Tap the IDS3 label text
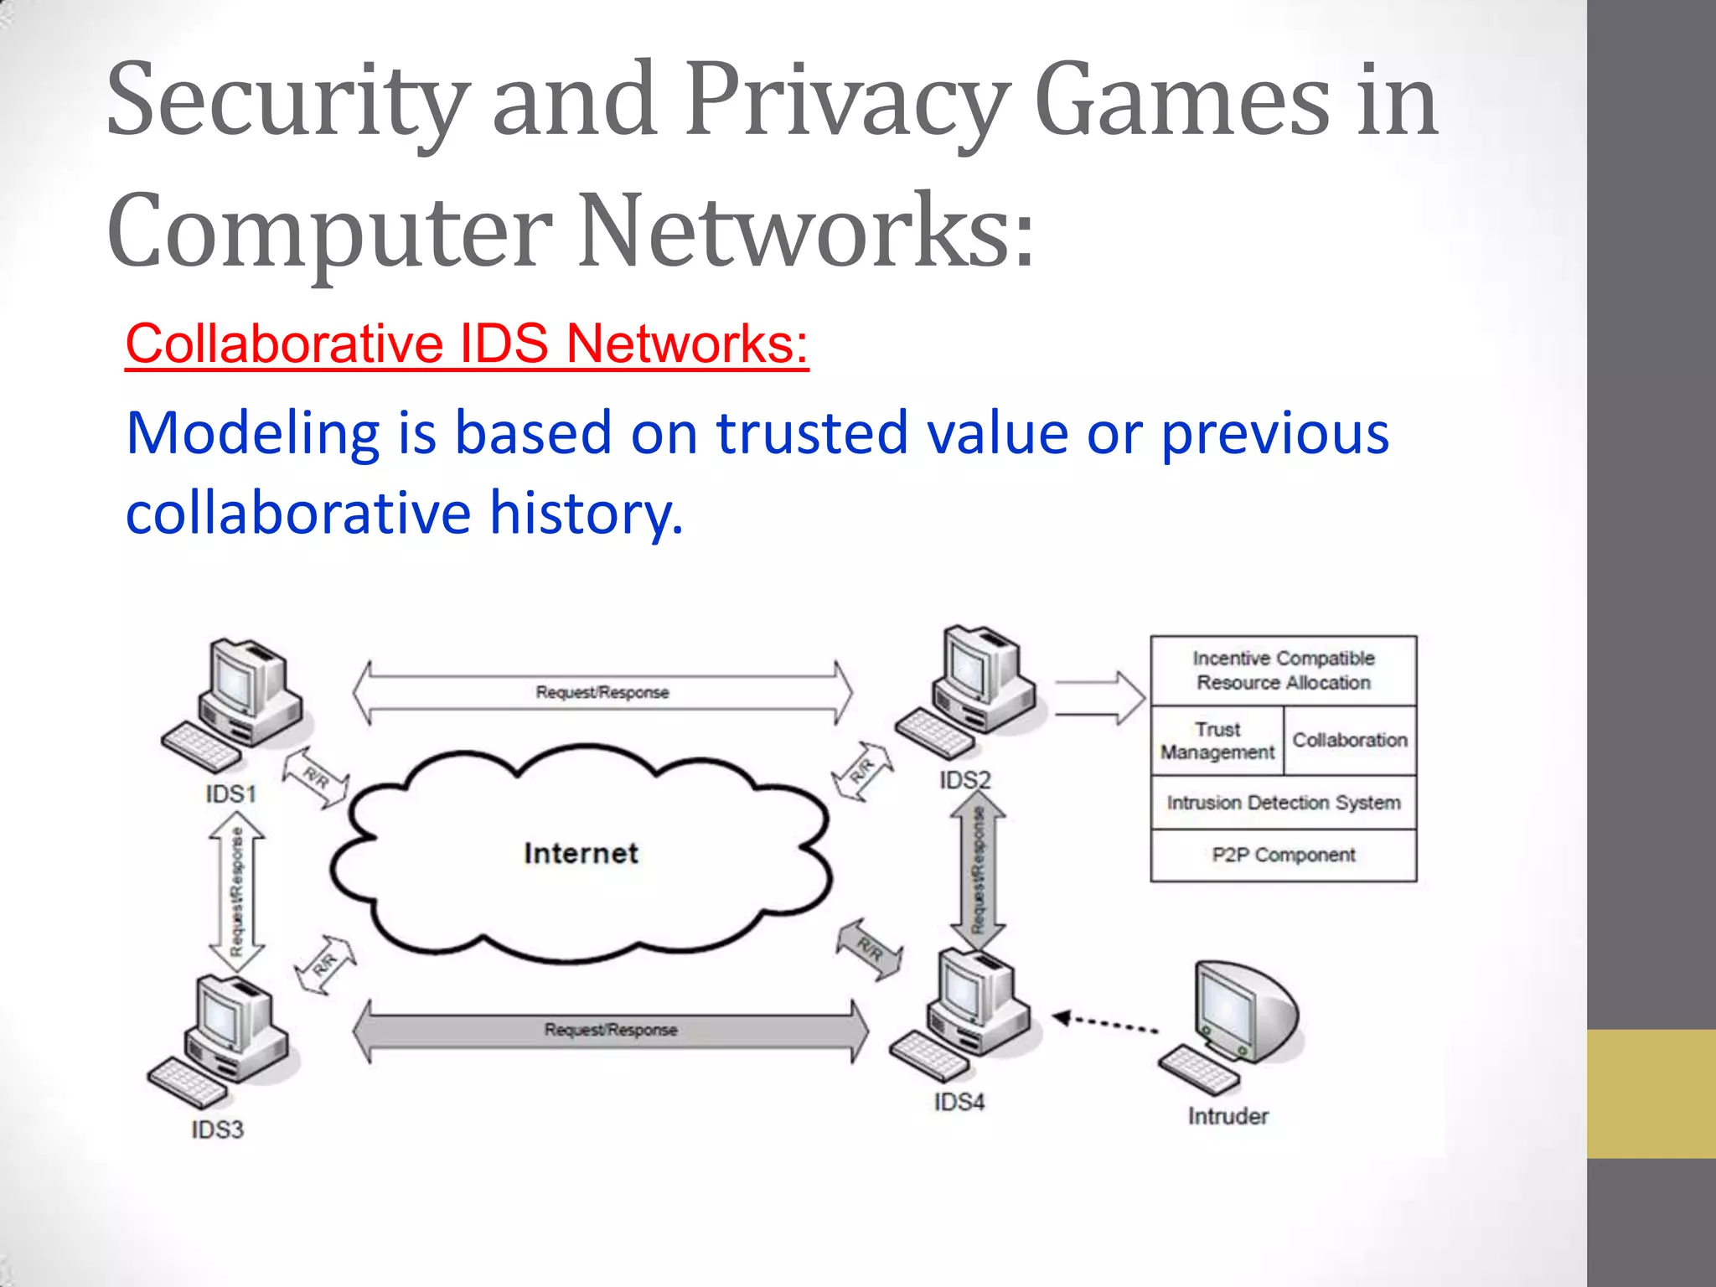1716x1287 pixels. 217,1129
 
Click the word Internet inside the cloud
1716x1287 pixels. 581,854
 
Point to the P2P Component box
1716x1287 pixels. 1283,855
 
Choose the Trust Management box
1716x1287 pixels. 1217,741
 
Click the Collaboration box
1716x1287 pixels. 1350,741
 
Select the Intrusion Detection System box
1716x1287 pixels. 1283,803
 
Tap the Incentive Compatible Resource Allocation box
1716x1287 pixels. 1283,670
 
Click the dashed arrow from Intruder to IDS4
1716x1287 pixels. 1106,1023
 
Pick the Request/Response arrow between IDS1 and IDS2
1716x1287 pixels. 602,692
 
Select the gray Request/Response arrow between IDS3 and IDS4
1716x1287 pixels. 611,1030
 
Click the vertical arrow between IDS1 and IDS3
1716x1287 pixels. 237,892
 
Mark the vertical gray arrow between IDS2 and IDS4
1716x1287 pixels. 978,870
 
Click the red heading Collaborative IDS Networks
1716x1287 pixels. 467,344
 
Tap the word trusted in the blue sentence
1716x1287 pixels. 811,433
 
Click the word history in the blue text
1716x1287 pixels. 587,513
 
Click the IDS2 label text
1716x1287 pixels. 964,780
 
